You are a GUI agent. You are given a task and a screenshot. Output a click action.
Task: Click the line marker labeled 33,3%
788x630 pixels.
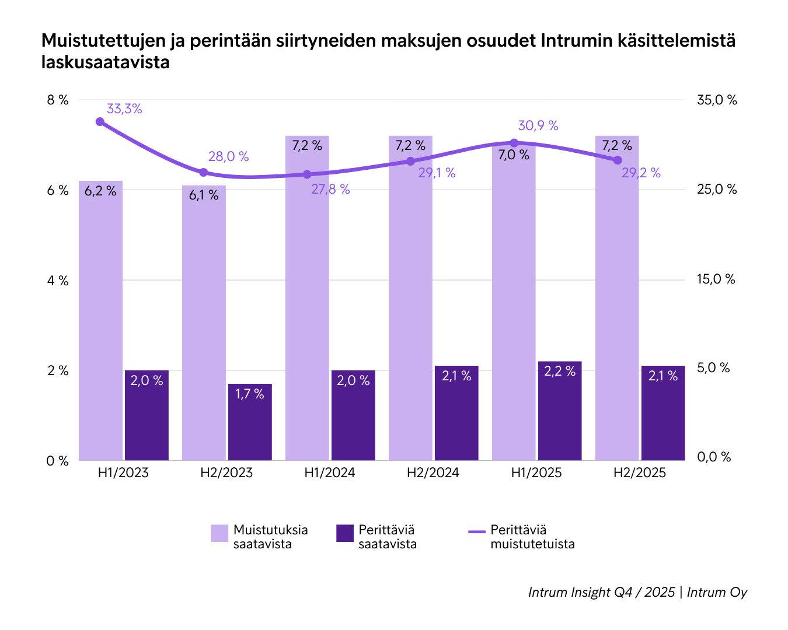[100, 121]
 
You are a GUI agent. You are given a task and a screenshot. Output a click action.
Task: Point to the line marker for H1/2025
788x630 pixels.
[514, 143]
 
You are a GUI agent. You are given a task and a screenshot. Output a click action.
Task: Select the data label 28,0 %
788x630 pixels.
[228, 156]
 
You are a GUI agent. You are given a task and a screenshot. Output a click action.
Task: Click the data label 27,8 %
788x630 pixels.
[330, 189]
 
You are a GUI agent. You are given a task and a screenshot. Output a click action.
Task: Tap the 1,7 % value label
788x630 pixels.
[250, 394]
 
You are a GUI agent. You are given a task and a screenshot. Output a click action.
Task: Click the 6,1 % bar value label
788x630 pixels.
[204, 195]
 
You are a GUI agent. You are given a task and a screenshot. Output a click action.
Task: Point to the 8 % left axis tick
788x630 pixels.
[57, 100]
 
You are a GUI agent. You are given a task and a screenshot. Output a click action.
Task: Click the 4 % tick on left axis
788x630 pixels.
[57, 281]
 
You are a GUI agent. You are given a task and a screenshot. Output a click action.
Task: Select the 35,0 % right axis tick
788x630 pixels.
[717, 100]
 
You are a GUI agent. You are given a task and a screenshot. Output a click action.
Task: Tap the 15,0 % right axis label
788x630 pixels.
[716, 279]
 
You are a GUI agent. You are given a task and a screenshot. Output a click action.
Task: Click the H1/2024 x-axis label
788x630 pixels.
[330, 473]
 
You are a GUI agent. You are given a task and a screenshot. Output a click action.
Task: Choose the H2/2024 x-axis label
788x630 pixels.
[433, 473]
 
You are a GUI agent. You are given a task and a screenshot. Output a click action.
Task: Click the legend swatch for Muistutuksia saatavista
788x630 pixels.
[219, 533]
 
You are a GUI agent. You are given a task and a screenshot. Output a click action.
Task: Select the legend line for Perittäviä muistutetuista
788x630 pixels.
[477, 531]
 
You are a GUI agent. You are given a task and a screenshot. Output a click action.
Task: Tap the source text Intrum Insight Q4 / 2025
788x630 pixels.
[601, 592]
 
